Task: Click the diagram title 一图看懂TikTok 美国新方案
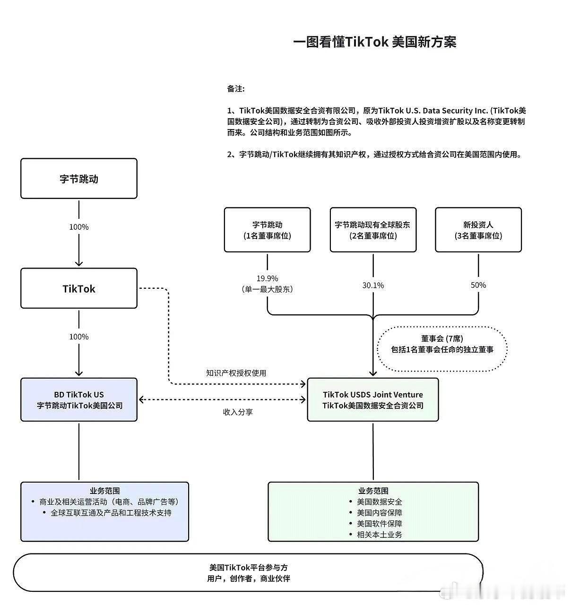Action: [374, 42]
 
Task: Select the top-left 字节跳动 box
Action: [79, 179]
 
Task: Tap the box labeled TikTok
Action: [79, 288]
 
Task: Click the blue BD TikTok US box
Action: [79, 400]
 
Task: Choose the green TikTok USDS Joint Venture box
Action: [373, 400]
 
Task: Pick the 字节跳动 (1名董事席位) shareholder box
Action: [267, 230]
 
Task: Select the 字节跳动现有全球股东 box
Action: [373, 230]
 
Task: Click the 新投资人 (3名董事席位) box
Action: [478, 230]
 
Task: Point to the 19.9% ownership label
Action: [267, 278]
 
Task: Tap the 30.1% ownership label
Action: [373, 285]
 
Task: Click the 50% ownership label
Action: [478, 285]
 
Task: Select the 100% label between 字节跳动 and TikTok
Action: [79, 227]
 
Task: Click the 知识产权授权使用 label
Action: [236, 373]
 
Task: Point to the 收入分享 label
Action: [238, 412]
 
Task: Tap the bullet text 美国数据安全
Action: [380, 502]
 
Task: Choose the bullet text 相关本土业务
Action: [380, 535]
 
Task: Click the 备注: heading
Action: [235, 89]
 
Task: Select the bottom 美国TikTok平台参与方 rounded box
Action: [248, 573]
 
